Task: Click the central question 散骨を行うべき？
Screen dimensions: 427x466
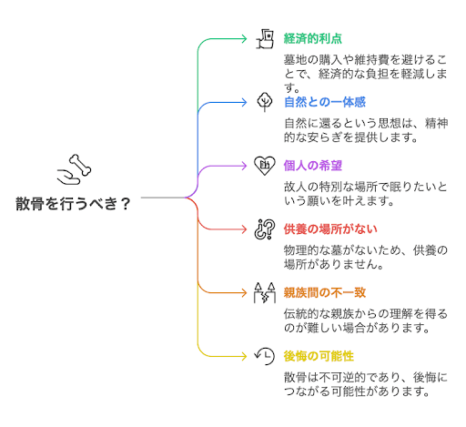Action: [x=73, y=204]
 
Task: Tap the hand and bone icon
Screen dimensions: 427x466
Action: [x=74, y=168]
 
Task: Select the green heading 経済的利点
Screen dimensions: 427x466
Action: [x=312, y=38]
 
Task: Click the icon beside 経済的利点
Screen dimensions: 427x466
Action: [x=265, y=38]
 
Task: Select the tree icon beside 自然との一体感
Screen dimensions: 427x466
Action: [x=265, y=101]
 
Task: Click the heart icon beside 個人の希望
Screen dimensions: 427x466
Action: [x=265, y=165]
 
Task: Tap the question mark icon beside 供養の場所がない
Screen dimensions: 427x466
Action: [x=265, y=229]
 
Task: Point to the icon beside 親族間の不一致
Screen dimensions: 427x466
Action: [x=265, y=292]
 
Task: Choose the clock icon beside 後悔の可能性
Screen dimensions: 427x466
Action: [x=265, y=356]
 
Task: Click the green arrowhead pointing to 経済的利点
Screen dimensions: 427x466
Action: [x=244, y=38]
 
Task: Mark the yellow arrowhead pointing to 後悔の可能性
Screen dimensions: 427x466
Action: [x=244, y=356]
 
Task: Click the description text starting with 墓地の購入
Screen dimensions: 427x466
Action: [x=364, y=74]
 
